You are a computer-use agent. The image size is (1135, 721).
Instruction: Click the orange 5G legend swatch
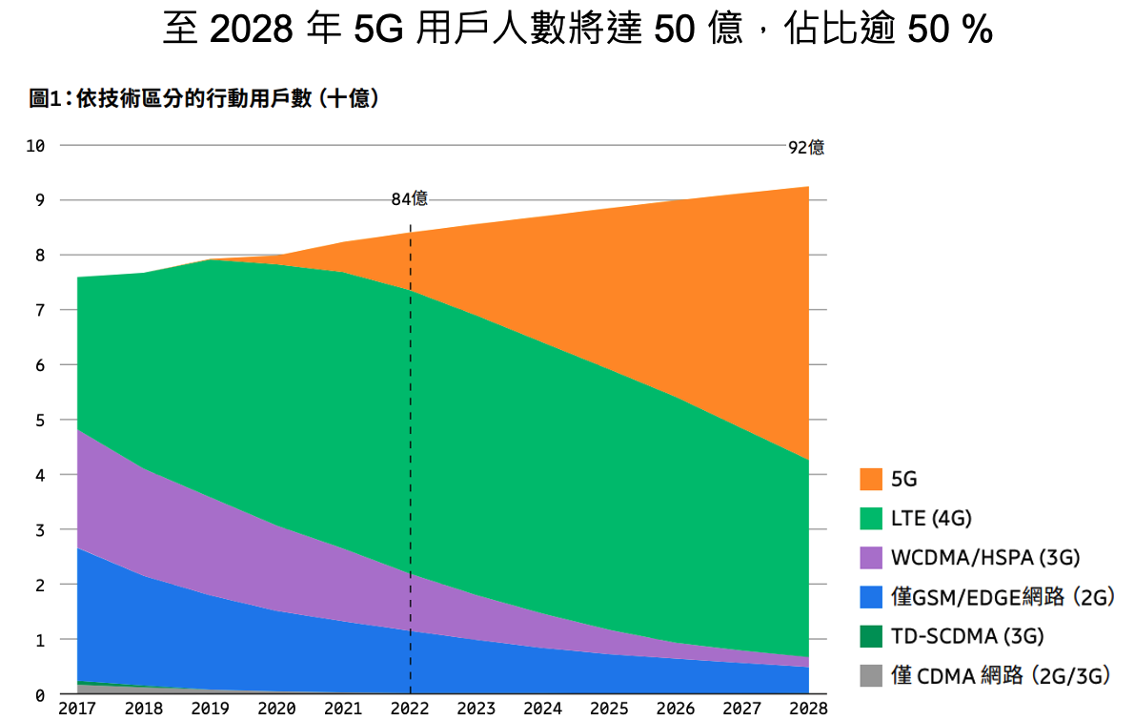pyautogui.click(x=871, y=479)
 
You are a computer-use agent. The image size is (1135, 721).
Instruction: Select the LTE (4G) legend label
pyautogui.click(x=931, y=518)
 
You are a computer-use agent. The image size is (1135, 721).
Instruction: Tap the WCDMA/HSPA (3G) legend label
pyautogui.click(x=985, y=557)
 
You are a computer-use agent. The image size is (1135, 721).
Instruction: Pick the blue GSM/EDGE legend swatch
pyautogui.click(x=871, y=597)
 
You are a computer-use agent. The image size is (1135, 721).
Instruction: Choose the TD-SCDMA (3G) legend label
pyautogui.click(x=967, y=636)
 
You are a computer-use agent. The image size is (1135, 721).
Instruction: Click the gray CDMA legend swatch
pyautogui.click(x=871, y=675)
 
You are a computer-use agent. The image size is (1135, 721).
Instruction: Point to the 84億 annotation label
pyautogui.click(x=410, y=199)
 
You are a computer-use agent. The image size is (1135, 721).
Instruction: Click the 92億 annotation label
pyautogui.click(x=806, y=148)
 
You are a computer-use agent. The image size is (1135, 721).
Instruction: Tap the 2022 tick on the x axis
pyautogui.click(x=410, y=709)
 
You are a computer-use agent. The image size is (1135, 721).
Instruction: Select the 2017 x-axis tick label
pyautogui.click(x=77, y=709)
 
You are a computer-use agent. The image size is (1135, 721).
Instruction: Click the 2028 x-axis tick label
pyautogui.click(x=808, y=709)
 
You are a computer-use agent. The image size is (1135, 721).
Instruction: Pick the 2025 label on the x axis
pyautogui.click(x=608, y=709)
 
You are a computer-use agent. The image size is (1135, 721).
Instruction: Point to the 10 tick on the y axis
pyautogui.click(x=36, y=146)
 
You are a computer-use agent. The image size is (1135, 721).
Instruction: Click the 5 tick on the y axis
pyautogui.click(x=40, y=421)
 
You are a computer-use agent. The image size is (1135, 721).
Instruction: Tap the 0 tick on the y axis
pyautogui.click(x=40, y=695)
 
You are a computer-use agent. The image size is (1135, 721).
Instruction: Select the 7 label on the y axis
pyautogui.click(x=40, y=311)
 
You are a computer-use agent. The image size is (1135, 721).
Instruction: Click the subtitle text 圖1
pyautogui.click(x=45, y=97)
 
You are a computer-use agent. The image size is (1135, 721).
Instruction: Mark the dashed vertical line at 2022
pyautogui.click(x=411, y=458)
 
